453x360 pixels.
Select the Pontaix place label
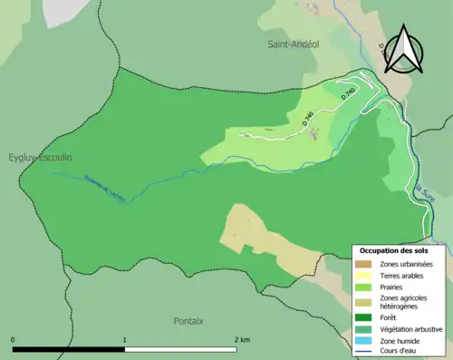pyautogui.click(x=188, y=321)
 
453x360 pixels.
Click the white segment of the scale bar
pyautogui.click(x=180, y=349)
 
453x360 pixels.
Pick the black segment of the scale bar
pyautogui.click(x=69, y=349)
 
